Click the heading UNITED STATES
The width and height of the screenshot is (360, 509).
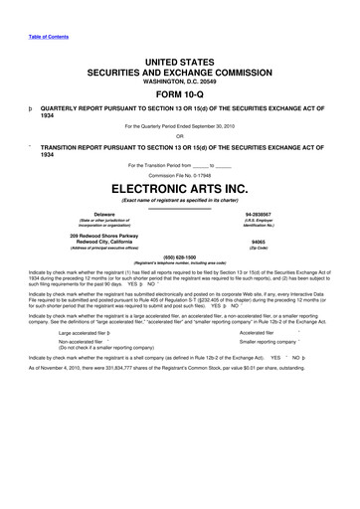click(x=179, y=63)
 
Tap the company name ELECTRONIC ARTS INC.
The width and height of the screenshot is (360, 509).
click(x=179, y=187)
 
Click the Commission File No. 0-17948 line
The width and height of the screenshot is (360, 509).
click(x=180, y=174)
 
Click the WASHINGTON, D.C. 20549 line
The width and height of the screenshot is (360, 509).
click(x=179, y=84)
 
